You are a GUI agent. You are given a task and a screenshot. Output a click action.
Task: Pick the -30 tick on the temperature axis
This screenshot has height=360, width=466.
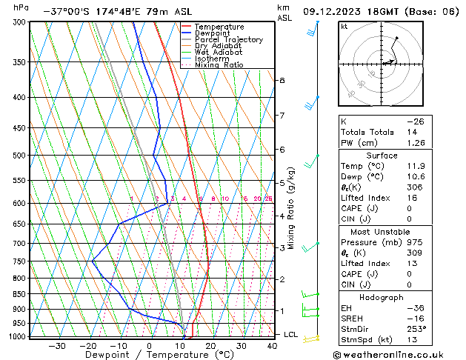[x=57, y=346]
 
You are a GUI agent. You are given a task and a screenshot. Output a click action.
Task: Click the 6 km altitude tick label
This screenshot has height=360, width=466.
[x=282, y=150]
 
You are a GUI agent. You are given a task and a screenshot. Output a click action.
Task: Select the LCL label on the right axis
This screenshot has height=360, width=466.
[x=291, y=335]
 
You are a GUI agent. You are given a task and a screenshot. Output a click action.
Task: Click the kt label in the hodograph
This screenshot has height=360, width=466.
[x=344, y=27]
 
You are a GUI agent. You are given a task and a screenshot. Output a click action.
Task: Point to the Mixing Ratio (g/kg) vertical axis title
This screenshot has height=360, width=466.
[x=290, y=208]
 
